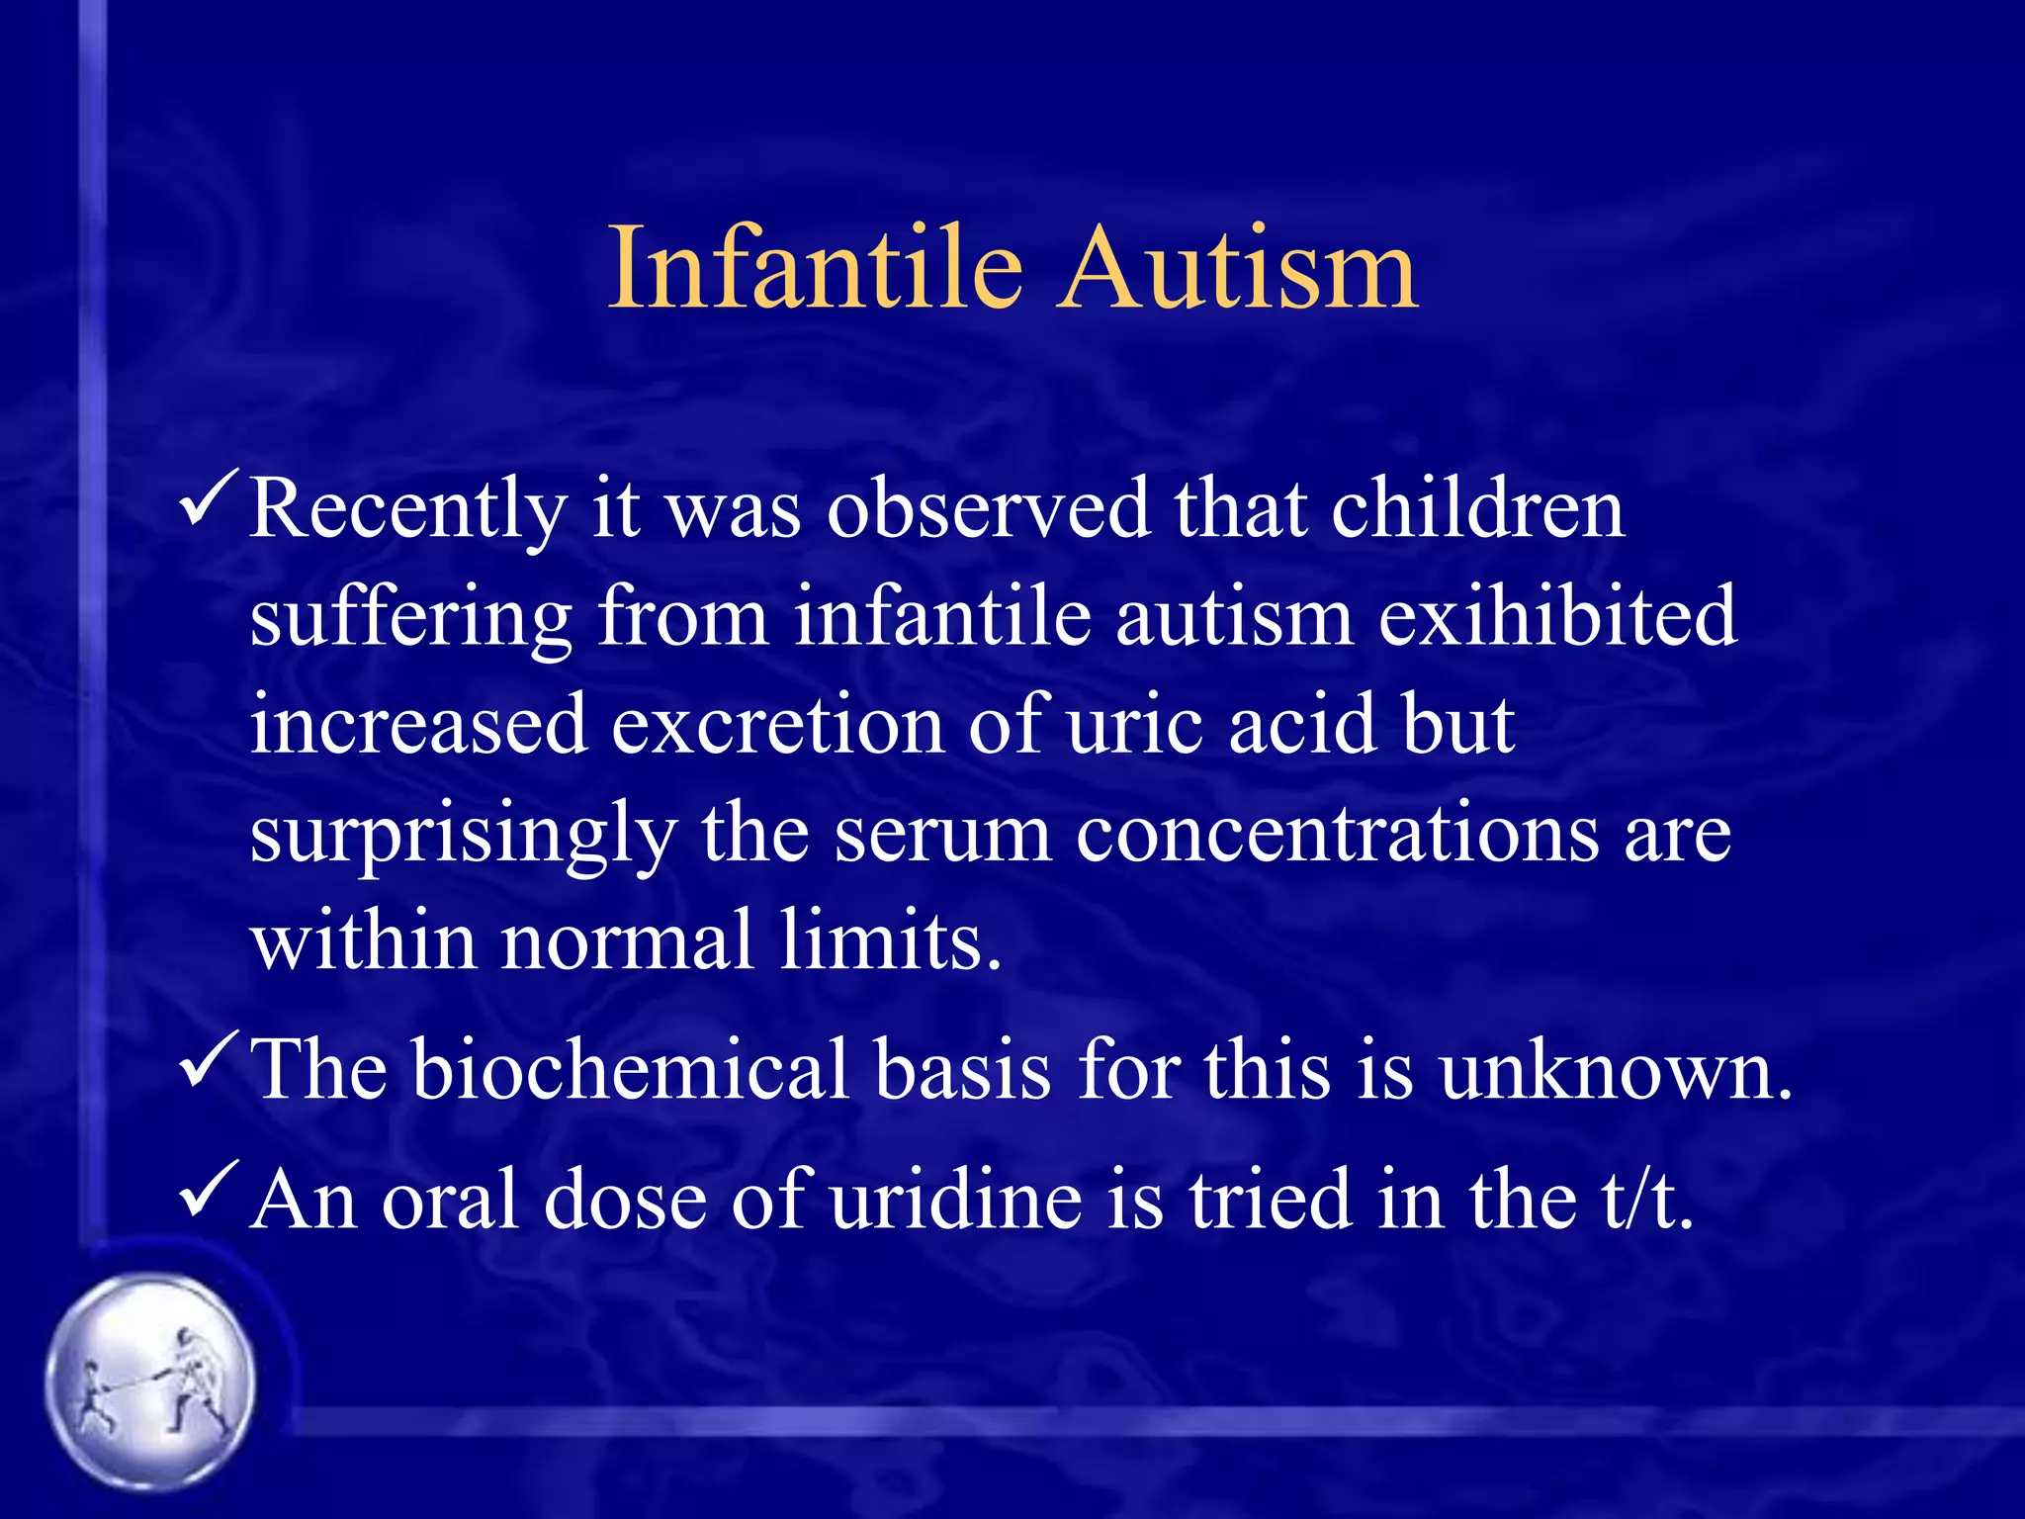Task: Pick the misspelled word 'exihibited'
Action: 1556,617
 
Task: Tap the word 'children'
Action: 1477,508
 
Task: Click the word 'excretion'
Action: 777,725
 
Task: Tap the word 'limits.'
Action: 890,939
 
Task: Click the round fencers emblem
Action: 150,1381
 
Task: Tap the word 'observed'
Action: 989,508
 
